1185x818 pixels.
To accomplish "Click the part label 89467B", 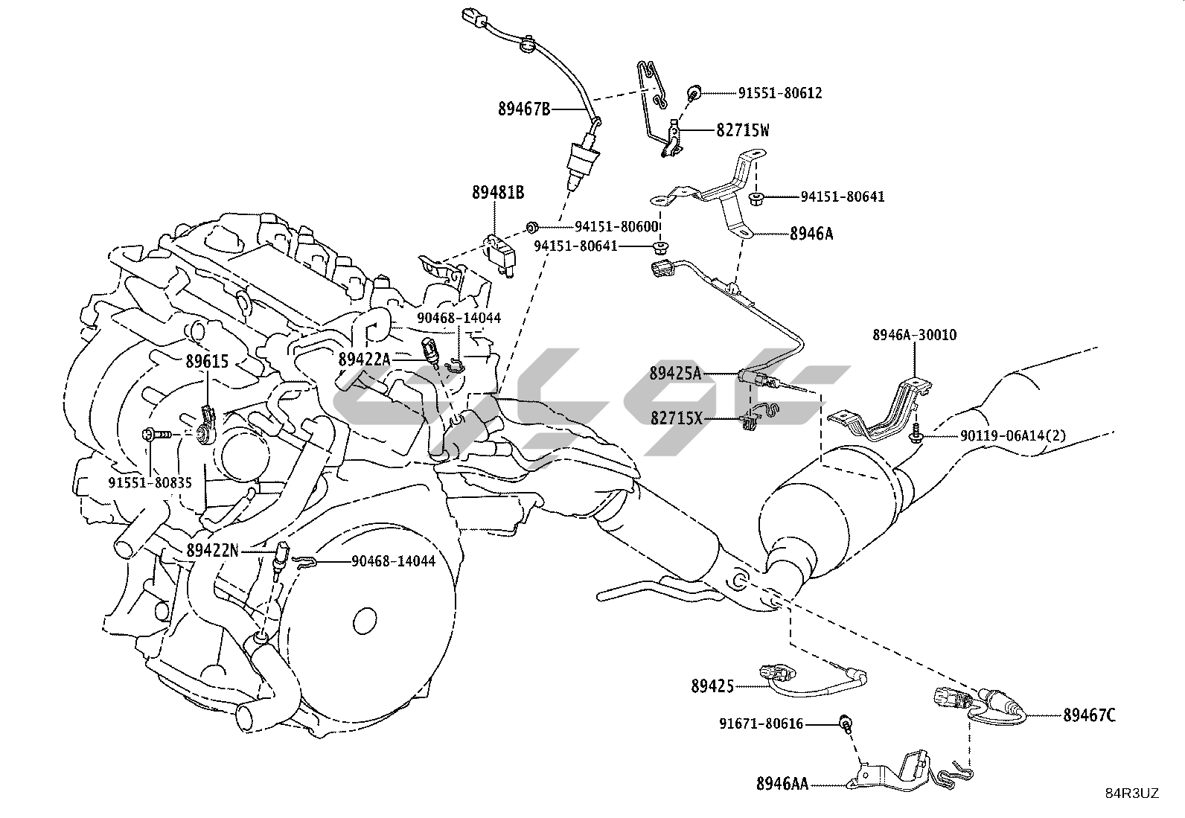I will point(524,109).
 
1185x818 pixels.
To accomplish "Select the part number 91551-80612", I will point(780,93).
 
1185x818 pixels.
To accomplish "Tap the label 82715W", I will point(743,131).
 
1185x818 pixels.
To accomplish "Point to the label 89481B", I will point(498,194).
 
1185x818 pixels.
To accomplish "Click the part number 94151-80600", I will point(617,226).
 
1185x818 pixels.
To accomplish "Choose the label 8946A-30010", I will point(915,335).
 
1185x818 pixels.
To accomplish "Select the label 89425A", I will point(675,373).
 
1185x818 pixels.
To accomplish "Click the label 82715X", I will point(676,418).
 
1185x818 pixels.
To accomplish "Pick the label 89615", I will point(207,362).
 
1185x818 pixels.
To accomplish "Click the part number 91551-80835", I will point(150,482).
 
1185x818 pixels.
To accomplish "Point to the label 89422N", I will point(213,551).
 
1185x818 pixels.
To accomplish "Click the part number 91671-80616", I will point(761,723).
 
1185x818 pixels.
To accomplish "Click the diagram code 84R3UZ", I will point(1131,793).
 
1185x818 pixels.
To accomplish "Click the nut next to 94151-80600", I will point(531,226).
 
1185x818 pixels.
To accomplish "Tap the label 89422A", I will point(364,360).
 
